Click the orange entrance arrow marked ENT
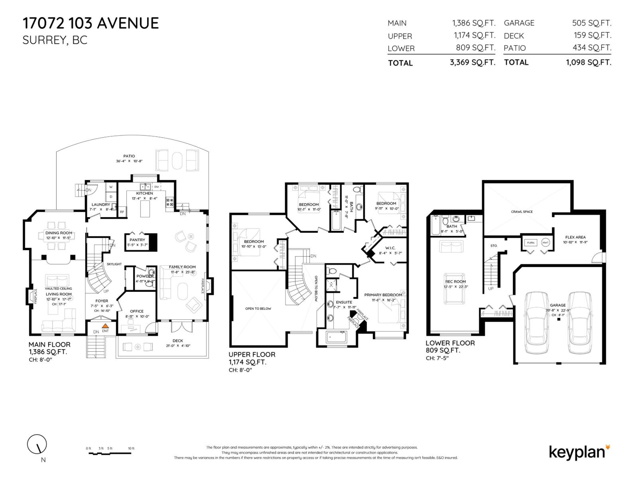point(105,326)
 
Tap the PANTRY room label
point(137,240)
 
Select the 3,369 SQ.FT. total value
point(472,63)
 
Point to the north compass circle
point(37,444)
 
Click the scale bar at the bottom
point(110,453)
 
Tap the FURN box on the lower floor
point(530,243)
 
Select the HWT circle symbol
point(545,243)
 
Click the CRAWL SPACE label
point(522,212)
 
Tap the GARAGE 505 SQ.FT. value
point(591,23)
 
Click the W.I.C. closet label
point(390,248)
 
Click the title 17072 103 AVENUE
point(91,23)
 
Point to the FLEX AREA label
point(575,237)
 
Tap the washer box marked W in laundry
point(111,187)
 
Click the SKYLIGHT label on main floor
point(114,264)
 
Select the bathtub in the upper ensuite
point(337,337)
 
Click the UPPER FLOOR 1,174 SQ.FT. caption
point(252,358)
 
